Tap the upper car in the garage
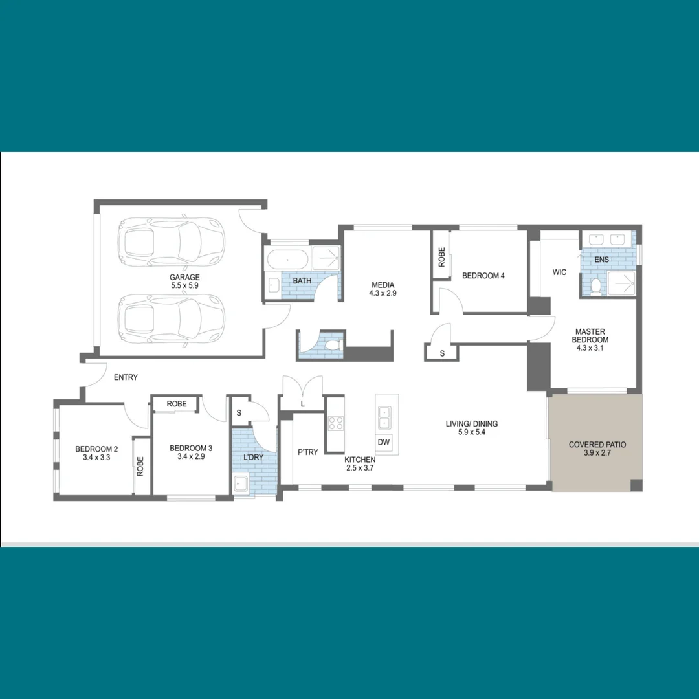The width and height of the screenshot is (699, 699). pos(171,243)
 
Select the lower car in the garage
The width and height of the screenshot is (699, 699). pos(172,320)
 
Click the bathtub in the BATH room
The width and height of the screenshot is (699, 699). pos(288,260)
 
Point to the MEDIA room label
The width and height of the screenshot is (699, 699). pos(383,289)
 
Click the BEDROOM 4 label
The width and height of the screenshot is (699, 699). pos(483,276)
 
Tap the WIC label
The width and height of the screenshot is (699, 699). pos(559,272)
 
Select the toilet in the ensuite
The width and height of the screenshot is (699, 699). pos(597,285)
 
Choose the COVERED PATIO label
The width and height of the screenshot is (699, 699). pos(597,449)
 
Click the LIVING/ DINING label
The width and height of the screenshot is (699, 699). pos(471,428)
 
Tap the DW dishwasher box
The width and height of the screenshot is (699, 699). pos(383,442)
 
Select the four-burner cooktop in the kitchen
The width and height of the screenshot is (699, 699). pos(335,423)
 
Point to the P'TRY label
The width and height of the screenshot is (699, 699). pos(307,452)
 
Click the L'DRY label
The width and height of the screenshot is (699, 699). pos(254,458)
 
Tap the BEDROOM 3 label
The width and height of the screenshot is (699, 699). pos(191,452)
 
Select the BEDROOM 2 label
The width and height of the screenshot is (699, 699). pos(96,452)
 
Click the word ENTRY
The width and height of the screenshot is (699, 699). pos(126,377)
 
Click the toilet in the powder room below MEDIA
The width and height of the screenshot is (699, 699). pos(333,344)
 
